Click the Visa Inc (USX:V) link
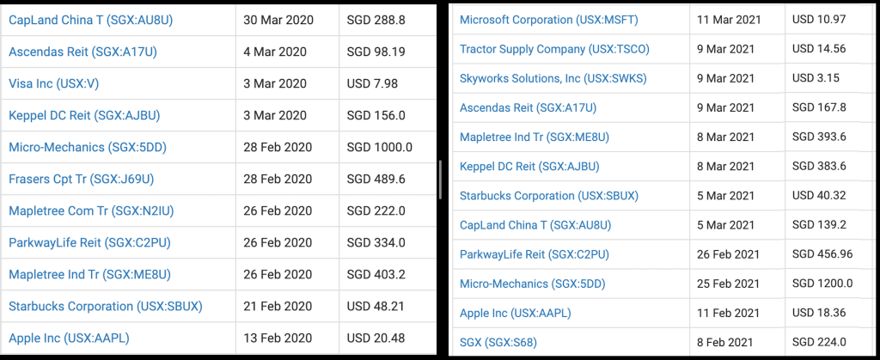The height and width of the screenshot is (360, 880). [53, 83]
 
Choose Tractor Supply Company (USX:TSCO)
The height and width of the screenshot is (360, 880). [554, 49]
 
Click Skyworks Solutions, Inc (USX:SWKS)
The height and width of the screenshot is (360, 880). [553, 78]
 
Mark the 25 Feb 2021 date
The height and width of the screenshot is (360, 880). [730, 284]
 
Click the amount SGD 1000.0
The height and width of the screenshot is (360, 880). [379, 147]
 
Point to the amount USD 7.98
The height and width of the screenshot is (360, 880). [372, 83]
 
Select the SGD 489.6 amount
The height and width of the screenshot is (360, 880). [376, 179]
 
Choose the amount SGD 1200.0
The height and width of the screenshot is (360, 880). [822, 284]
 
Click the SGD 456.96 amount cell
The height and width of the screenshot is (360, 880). [822, 254]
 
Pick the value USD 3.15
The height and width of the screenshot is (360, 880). [815, 78]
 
